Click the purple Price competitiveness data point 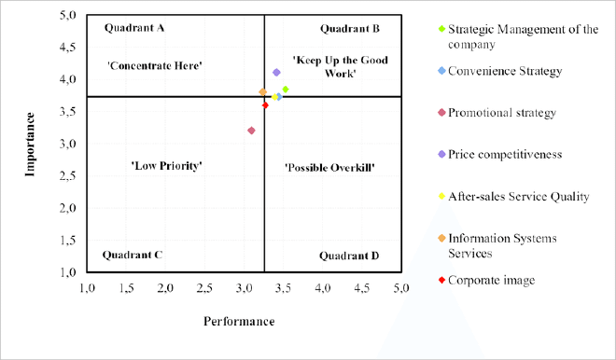pos(276,73)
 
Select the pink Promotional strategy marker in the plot pos(251,131)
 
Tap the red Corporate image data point pos(265,105)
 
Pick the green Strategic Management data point pos(285,90)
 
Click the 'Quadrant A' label pos(134,28)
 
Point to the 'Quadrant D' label pos(349,255)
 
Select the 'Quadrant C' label pos(133,254)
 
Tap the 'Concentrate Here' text pos(155,65)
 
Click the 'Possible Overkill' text pos(329,167)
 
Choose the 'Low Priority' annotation pos(167,165)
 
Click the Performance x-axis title pos(240,322)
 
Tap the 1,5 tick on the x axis pos(127,287)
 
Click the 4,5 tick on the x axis pos(362,287)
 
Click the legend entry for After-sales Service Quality pos(518,196)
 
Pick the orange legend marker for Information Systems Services pos(442,238)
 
